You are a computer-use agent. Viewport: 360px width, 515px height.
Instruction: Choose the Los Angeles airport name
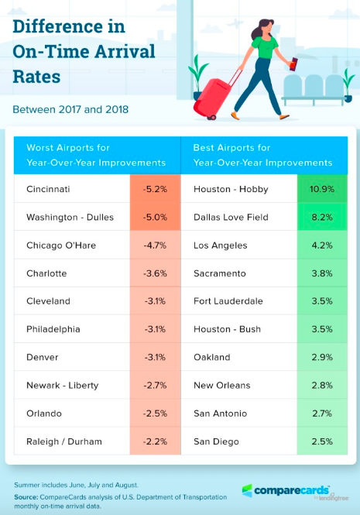pyautogui.click(x=220, y=245)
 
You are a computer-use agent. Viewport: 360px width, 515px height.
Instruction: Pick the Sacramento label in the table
pyautogui.click(x=219, y=273)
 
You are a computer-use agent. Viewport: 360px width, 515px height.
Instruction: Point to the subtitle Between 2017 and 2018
pyautogui.click(x=71, y=109)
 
